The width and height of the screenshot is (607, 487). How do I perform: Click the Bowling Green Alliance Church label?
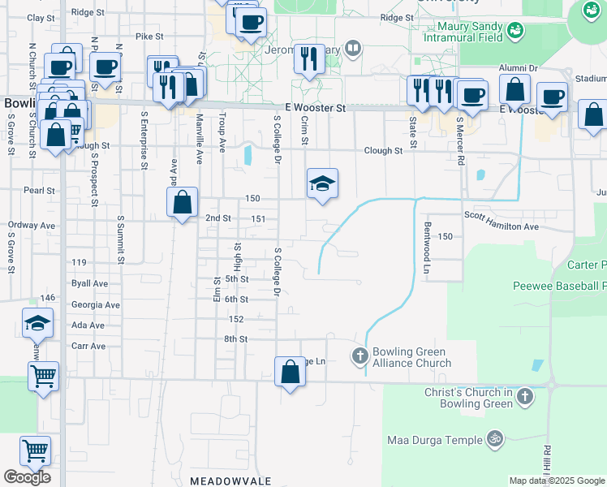pos(411,357)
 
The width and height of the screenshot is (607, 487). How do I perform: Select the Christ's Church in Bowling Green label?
pos(468,398)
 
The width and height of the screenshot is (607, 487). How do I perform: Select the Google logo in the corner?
pos(27,477)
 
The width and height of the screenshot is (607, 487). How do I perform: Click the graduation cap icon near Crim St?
pos(322,183)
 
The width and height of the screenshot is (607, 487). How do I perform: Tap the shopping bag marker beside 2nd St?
pos(183,202)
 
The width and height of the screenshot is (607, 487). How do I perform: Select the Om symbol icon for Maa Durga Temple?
pos(493,439)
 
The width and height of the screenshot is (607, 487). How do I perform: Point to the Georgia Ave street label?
pos(95,305)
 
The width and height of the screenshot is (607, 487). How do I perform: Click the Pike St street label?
pos(149,37)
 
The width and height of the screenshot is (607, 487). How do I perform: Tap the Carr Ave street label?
pos(88,346)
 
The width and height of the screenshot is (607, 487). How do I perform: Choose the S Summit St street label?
pos(121,239)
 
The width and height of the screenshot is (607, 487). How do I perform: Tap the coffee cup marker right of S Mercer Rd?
pos(552,97)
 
